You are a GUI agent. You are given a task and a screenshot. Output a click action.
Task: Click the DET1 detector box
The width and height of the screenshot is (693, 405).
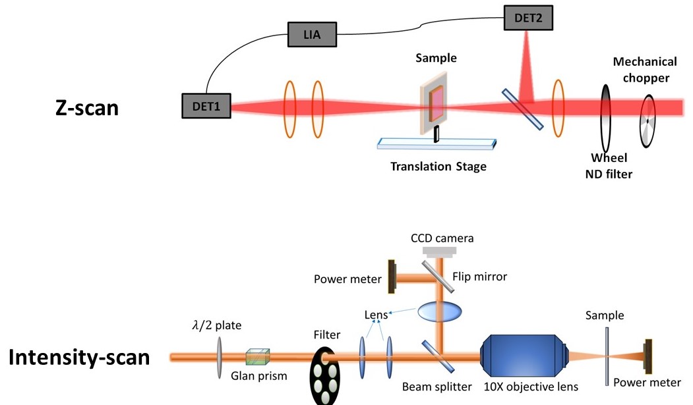(x=206, y=105)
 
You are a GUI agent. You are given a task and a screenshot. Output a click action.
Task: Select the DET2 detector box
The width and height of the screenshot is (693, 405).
(x=528, y=18)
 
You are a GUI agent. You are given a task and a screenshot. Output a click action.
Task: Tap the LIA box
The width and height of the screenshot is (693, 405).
(x=313, y=34)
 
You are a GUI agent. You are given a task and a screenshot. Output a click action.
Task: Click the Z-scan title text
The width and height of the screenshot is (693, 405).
(x=87, y=107)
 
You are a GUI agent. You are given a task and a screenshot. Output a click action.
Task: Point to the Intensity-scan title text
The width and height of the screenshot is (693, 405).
(x=79, y=358)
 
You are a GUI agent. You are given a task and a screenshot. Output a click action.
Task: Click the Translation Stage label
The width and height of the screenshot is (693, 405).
(x=438, y=167)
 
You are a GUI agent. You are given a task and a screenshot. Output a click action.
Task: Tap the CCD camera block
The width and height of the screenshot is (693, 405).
(x=441, y=251)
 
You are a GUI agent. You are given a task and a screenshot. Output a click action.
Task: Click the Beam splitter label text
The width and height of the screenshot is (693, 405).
(x=437, y=387)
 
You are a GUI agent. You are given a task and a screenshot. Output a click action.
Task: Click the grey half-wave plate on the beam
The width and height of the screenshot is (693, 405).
(x=218, y=357)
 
